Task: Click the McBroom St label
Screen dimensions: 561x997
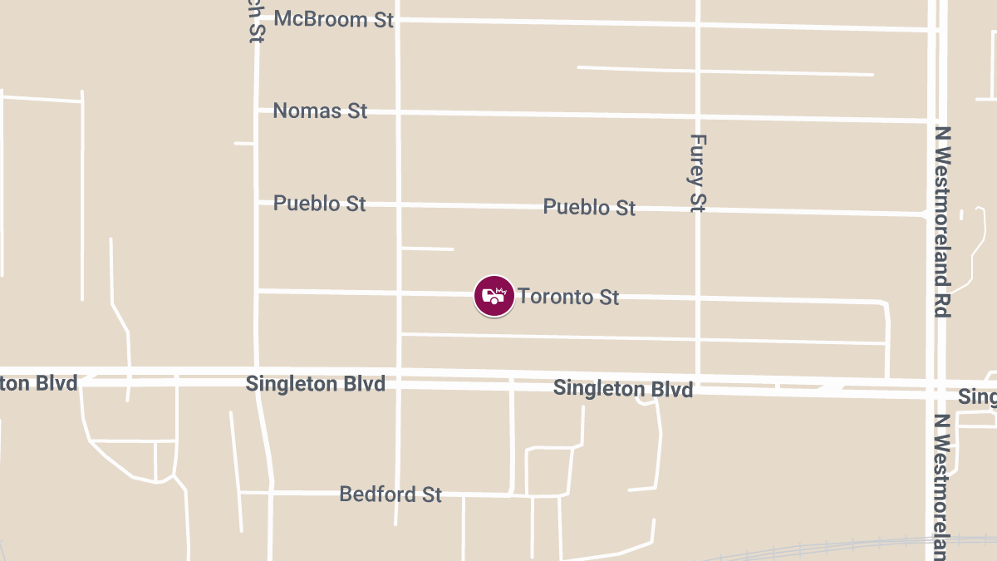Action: (333, 19)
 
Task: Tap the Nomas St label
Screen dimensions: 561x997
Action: (320, 111)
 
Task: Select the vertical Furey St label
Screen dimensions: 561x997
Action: (698, 173)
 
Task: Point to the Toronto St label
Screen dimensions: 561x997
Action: (568, 297)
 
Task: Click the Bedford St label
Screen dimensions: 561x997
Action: (390, 495)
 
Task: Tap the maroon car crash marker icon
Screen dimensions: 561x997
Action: (494, 296)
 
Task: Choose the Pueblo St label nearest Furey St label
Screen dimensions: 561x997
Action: (589, 207)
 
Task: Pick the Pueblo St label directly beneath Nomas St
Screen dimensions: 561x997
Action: (319, 204)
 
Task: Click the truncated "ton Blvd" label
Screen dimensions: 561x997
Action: (39, 383)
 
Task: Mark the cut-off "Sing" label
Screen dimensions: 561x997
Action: (977, 396)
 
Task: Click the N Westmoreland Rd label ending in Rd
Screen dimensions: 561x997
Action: (941, 222)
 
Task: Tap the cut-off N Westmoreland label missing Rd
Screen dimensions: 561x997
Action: (941, 486)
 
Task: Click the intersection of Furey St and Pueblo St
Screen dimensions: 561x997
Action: (698, 210)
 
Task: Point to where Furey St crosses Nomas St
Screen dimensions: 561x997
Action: (698, 116)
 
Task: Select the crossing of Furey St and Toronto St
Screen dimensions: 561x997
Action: (698, 298)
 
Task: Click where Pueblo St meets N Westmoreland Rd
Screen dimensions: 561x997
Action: (931, 214)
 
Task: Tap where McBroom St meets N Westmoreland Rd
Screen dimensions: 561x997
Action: (933, 30)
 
